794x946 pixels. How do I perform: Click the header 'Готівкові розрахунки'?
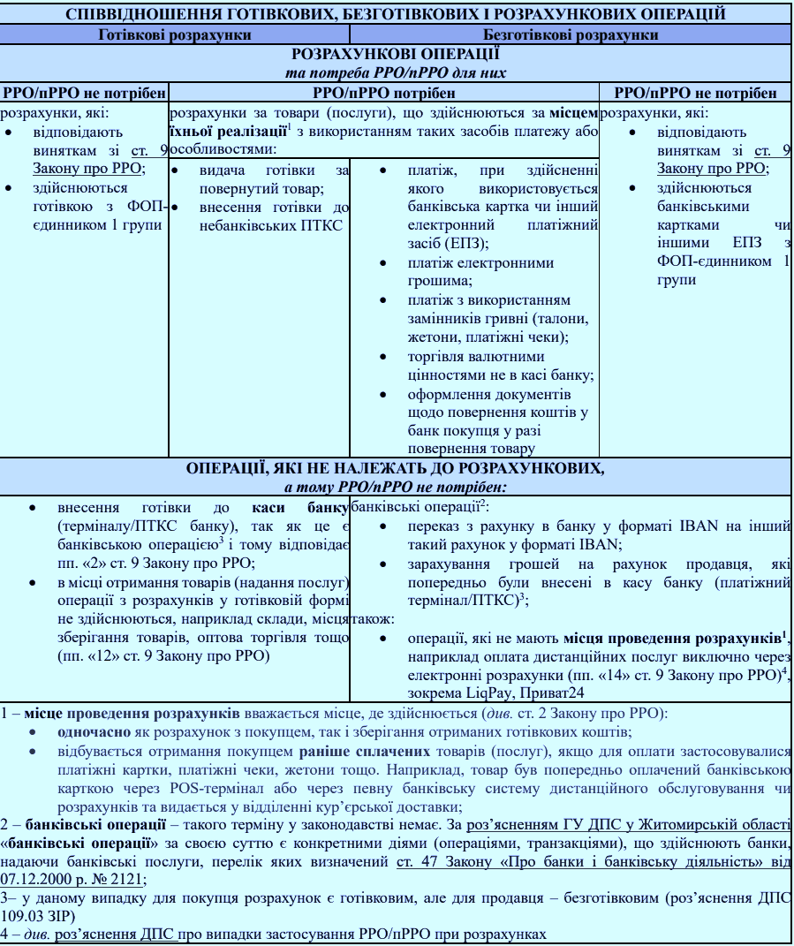[x=175, y=34]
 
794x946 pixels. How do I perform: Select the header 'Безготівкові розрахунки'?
[x=571, y=34]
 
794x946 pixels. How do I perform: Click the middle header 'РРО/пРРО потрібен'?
[x=383, y=93]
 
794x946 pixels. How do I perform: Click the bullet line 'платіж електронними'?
[x=480, y=262]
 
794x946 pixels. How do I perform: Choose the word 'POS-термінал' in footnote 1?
[x=219, y=789]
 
